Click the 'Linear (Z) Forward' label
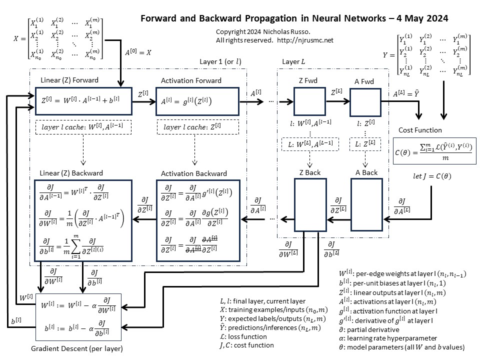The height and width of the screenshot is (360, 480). (x=70, y=80)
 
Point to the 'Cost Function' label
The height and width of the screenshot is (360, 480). (x=420, y=130)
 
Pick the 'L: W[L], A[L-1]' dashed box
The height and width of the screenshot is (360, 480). (x=310, y=143)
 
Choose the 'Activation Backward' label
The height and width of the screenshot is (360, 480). (x=194, y=173)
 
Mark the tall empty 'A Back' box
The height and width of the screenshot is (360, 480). (x=366, y=205)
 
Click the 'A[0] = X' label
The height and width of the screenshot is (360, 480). (x=137, y=51)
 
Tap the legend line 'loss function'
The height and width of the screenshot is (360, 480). (x=243, y=336)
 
